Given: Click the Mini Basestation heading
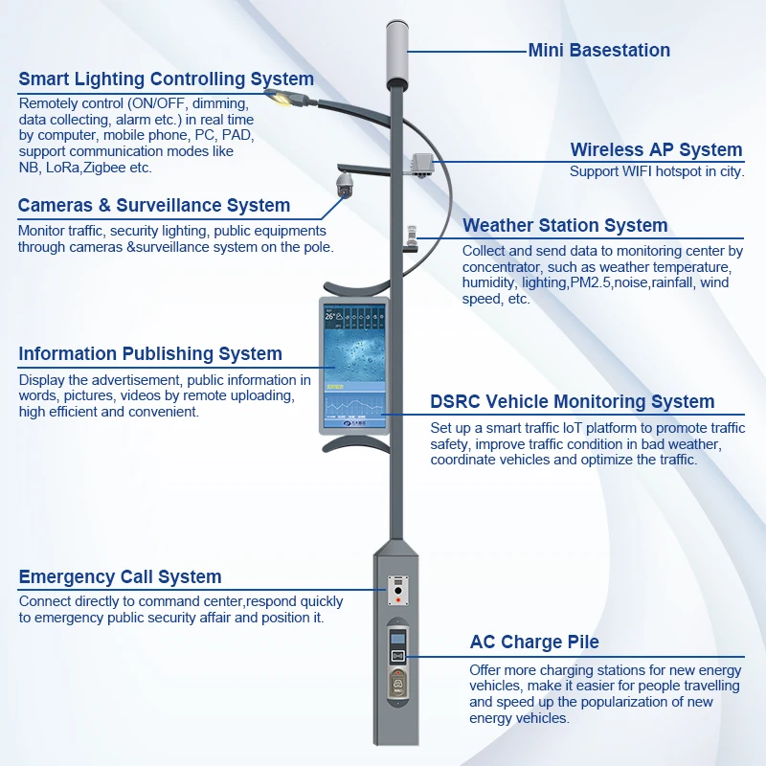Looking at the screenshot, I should (x=598, y=51).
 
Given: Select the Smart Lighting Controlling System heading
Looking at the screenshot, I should (x=166, y=79).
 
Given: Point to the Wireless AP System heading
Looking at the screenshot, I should (x=656, y=149).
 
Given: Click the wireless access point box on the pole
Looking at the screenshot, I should (x=421, y=166).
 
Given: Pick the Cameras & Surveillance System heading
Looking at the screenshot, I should (x=153, y=205).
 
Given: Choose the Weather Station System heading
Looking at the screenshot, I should (x=565, y=225).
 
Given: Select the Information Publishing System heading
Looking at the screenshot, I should (x=150, y=354).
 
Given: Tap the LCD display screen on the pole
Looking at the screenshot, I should (x=354, y=364).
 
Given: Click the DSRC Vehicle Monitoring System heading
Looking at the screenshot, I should (x=572, y=402).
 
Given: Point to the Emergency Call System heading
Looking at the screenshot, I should (x=120, y=576).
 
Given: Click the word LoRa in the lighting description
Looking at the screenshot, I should (x=63, y=168).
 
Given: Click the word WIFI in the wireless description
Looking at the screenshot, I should (x=642, y=172).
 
